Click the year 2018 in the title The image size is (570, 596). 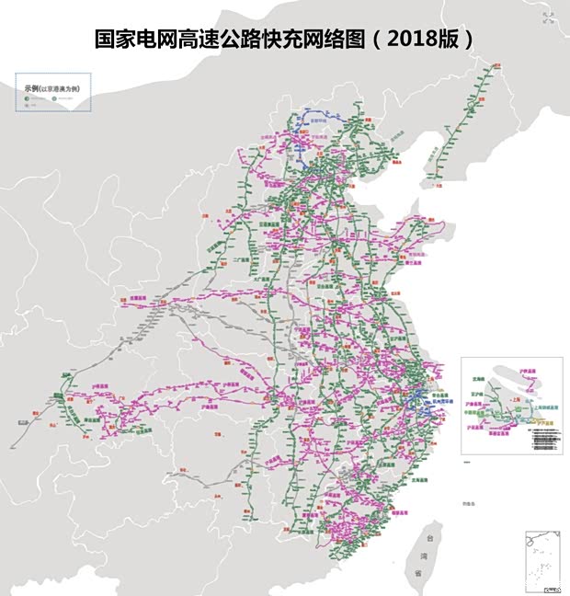(x=420, y=39)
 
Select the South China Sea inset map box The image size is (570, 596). (x=542, y=560)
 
